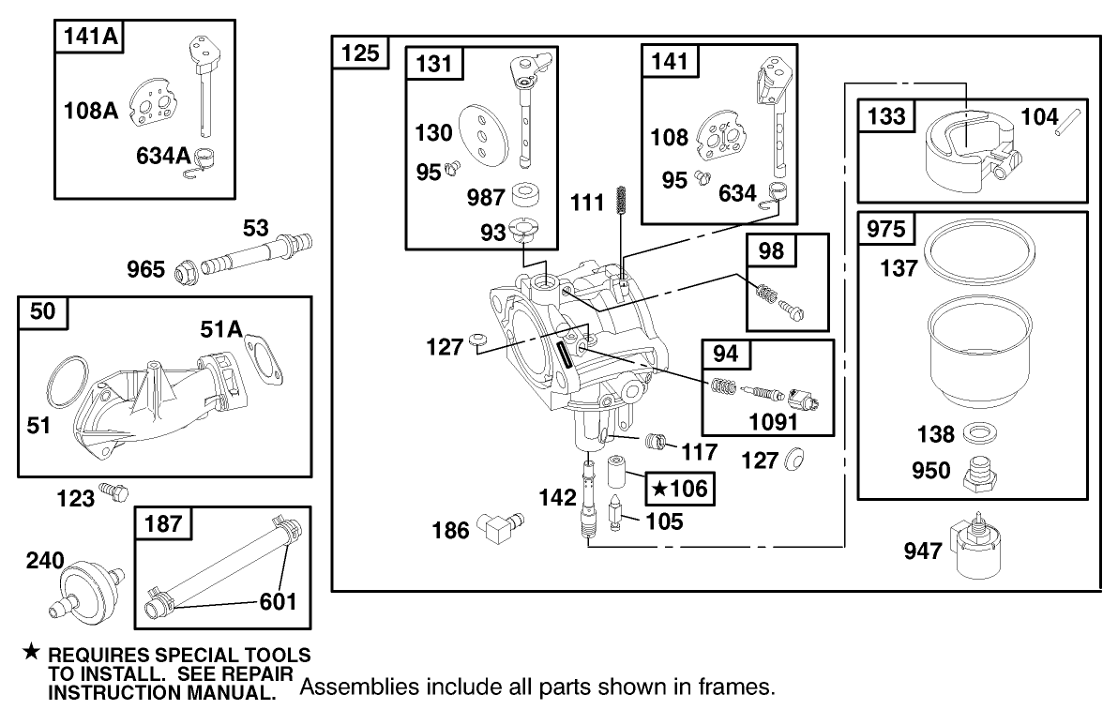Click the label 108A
[91, 111]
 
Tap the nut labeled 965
[184, 271]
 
